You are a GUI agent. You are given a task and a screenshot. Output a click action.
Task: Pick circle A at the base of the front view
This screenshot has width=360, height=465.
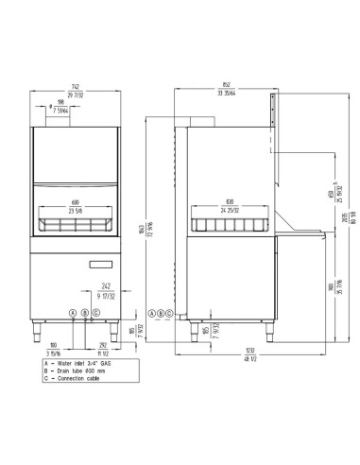pos(71,313)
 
